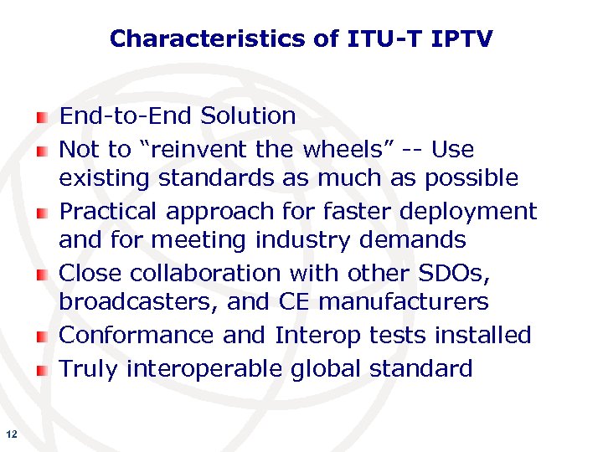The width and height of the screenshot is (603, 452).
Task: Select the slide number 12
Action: point(11,434)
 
